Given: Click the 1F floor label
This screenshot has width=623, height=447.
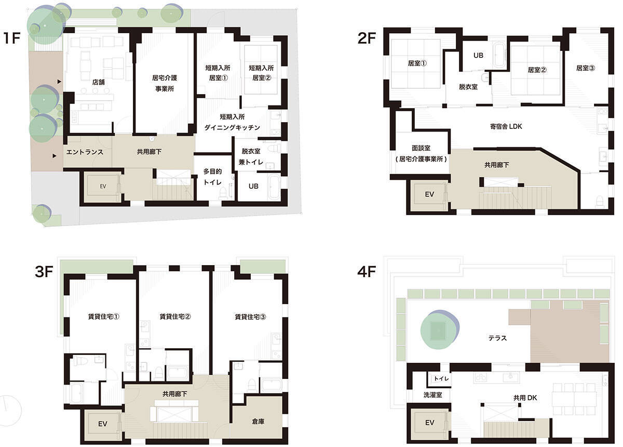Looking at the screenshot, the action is (x=12, y=38).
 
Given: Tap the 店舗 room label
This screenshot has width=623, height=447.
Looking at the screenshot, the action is (x=99, y=82).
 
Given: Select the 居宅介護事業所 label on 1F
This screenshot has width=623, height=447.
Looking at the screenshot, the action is (x=165, y=83).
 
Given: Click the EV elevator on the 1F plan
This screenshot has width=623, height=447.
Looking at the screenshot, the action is (x=103, y=186).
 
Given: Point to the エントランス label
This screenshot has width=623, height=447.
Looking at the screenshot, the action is (x=85, y=152).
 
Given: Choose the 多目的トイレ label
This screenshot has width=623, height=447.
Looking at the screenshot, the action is (x=212, y=177).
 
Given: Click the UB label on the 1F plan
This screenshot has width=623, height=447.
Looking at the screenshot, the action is (x=253, y=186).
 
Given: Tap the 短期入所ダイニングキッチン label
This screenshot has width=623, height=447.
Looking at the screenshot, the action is (x=232, y=122).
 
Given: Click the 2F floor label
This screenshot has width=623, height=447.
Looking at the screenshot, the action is (x=367, y=38).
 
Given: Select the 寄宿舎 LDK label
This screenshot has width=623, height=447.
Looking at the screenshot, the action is (x=506, y=126).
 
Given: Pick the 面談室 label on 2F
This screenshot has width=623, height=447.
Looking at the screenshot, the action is (x=421, y=148).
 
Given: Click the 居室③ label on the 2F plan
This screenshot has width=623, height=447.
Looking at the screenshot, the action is (x=586, y=68).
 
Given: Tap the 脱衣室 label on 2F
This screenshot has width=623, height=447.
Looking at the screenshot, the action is (x=468, y=87).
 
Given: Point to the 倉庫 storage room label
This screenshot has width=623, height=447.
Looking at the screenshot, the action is (x=258, y=422).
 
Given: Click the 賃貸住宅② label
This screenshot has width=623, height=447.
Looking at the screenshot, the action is (x=175, y=317).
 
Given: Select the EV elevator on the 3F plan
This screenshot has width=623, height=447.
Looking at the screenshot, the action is (x=103, y=424).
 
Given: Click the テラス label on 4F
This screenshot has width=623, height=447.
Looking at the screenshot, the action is (x=497, y=338).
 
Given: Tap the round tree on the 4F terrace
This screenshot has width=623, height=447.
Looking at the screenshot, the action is (x=439, y=330).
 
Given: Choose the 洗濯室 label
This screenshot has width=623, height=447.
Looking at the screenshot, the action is (x=433, y=395).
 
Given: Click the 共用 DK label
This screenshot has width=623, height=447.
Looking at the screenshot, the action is (x=525, y=398).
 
